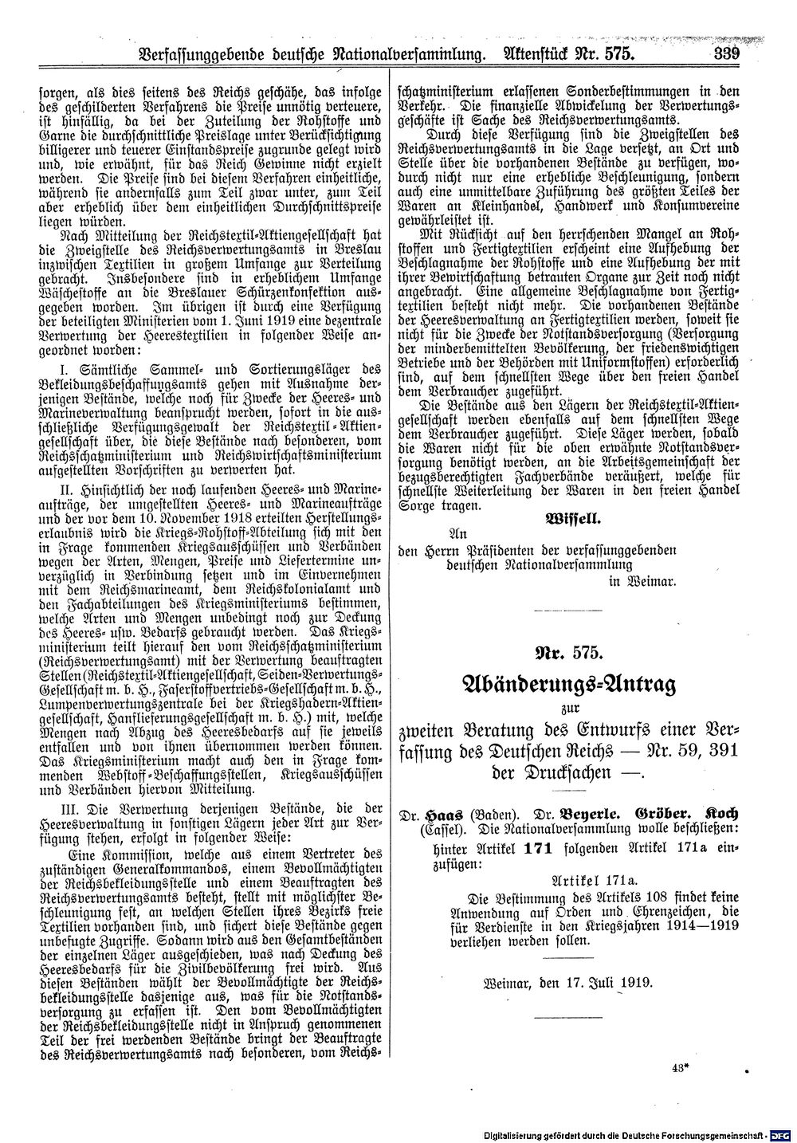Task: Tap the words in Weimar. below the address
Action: (642, 581)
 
